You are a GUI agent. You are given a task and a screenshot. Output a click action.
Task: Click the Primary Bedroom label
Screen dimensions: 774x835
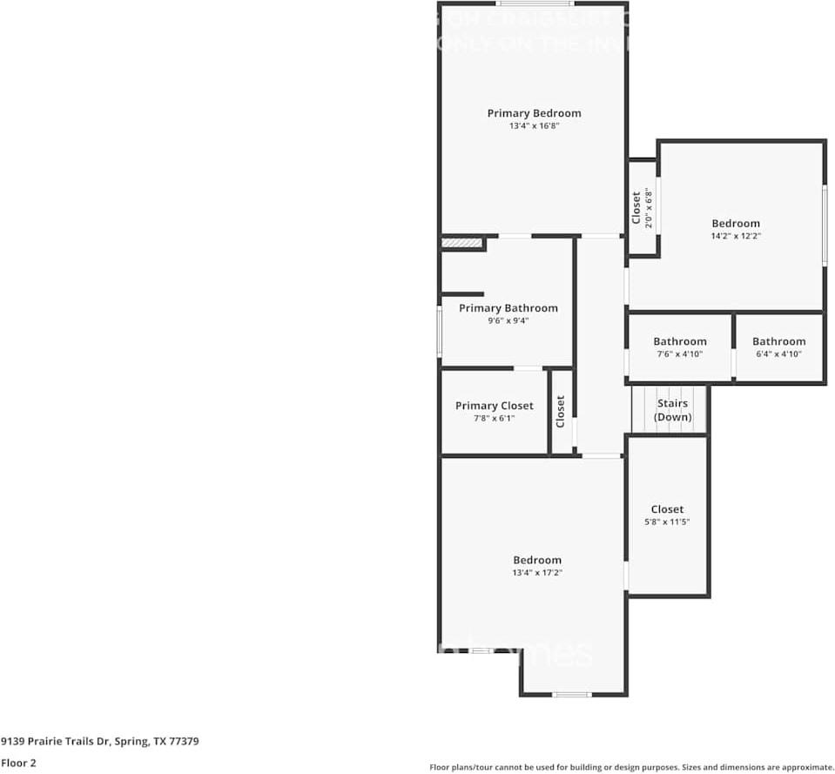click(x=534, y=113)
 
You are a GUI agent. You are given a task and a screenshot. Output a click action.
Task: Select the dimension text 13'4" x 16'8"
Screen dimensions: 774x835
click(x=534, y=126)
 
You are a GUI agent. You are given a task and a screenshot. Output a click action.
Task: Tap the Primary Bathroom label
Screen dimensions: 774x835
click(x=508, y=308)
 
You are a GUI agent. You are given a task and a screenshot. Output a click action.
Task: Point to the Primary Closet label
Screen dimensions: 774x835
click(x=494, y=406)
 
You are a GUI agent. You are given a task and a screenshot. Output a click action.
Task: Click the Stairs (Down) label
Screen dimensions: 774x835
click(x=672, y=410)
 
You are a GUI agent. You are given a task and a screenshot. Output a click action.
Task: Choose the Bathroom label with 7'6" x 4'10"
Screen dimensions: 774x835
click(x=680, y=341)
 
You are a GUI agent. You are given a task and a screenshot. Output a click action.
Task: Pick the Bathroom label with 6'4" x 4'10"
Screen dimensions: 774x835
click(x=778, y=341)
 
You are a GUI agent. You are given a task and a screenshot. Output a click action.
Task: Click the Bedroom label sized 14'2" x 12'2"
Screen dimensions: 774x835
click(x=736, y=224)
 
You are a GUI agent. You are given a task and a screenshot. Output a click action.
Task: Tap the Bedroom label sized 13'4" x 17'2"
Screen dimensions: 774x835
click(x=536, y=560)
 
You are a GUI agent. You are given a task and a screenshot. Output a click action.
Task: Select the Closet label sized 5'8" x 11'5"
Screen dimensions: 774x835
click(x=667, y=509)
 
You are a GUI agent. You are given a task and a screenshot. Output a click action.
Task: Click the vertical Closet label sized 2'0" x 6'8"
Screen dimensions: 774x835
click(x=636, y=207)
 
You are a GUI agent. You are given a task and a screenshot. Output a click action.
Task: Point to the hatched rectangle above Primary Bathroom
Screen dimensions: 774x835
click(x=461, y=243)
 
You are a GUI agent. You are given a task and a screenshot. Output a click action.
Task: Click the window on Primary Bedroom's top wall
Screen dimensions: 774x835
click(x=535, y=4)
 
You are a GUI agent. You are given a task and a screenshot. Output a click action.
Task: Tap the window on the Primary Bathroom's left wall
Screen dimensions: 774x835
click(x=440, y=332)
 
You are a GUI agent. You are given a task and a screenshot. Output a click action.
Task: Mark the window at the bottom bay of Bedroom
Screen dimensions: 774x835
click(x=572, y=694)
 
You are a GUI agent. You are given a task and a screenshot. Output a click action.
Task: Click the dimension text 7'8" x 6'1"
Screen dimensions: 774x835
click(x=494, y=419)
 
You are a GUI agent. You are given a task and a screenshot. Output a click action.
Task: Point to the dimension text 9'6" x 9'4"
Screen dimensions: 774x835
click(x=508, y=320)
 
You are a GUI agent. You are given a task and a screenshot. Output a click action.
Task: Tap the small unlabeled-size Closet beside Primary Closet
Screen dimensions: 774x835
click(x=562, y=411)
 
